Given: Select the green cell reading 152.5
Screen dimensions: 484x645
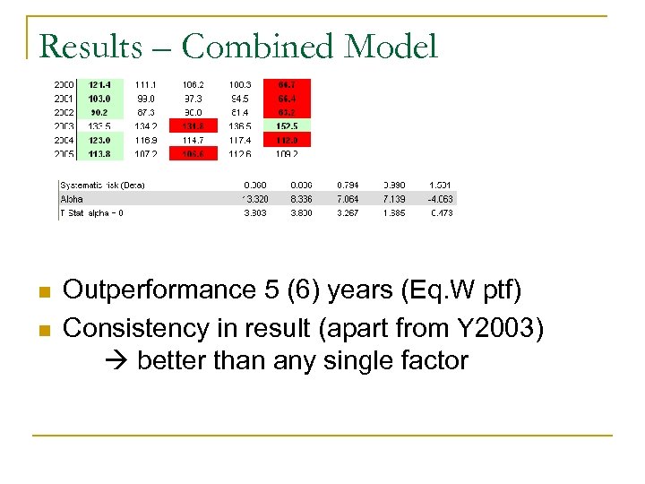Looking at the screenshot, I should (287, 125).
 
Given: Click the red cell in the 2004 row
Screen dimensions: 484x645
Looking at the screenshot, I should (287, 140).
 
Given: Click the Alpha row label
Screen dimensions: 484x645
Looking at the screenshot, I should (73, 199).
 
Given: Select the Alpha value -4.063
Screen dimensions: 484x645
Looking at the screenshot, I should (441, 199).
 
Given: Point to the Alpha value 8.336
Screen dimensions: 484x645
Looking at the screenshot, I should (301, 199).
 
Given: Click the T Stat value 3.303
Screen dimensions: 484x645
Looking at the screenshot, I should (254, 213).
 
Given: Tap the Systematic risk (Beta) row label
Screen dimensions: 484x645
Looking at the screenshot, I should (102, 185).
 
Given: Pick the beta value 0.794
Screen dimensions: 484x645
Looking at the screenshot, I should (348, 185).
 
